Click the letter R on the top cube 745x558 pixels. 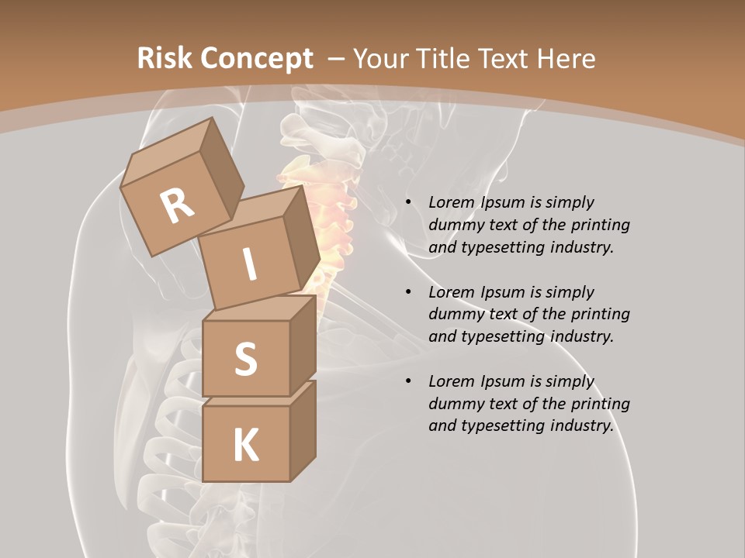(x=178, y=205)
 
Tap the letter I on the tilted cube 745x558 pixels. (x=249, y=265)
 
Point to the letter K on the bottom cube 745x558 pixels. (x=245, y=446)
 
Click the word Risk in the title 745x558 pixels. (x=165, y=58)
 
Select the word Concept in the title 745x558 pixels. (x=257, y=58)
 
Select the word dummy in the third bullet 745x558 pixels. (x=454, y=404)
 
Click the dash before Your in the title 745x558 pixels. (x=336, y=58)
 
